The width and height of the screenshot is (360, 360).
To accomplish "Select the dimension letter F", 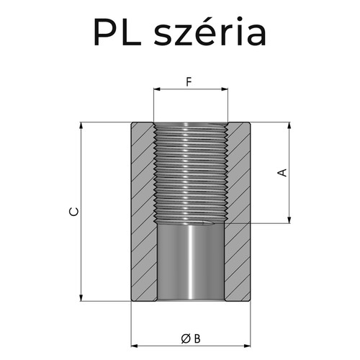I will pos(189,81).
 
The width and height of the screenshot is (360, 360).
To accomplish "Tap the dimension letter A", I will pos(283,173).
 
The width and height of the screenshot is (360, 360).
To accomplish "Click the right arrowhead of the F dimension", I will pos(225,90).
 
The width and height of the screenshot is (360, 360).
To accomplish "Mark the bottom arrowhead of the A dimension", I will pos(289,220).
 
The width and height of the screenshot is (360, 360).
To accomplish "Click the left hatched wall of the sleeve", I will pos(143,212).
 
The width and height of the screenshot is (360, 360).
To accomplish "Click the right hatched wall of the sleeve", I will pos(239,212).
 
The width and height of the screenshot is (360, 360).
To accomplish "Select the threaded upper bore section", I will pos(191,173).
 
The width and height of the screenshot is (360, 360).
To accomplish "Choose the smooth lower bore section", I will pos(191,263).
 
